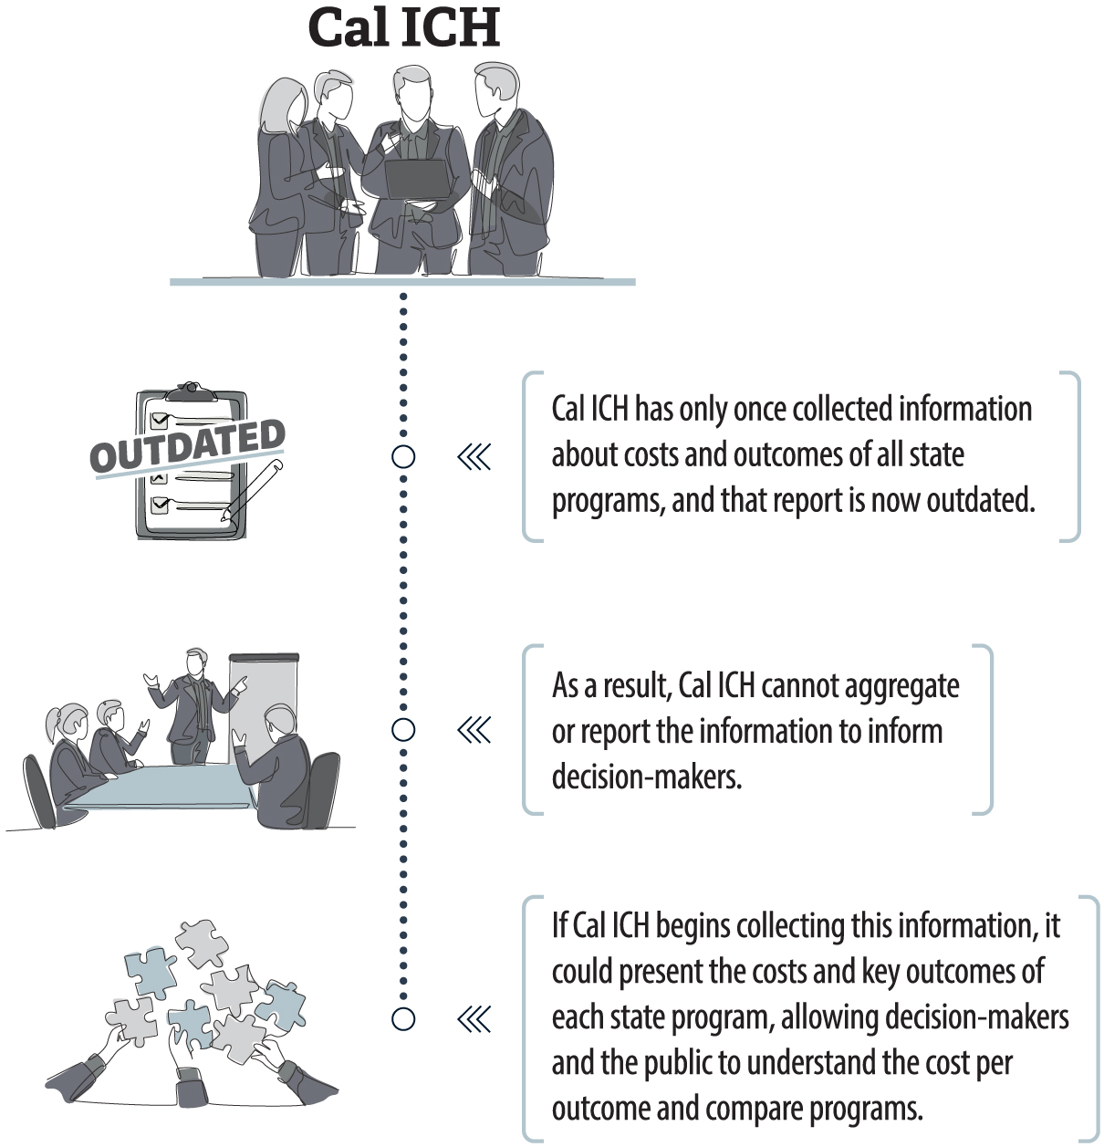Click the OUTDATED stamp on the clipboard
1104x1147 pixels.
click(x=188, y=445)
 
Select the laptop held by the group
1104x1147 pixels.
click(x=415, y=179)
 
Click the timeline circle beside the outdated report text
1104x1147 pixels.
click(x=403, y=456)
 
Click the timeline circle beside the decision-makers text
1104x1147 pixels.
click(x=403, y=730)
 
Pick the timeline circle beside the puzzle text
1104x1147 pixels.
click(x=403, y=1018)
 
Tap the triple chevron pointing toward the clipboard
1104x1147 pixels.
click(x=474, y=456)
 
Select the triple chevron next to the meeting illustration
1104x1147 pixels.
click(x=474, y=730)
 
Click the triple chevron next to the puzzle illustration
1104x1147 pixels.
click(x=474, y=1018)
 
